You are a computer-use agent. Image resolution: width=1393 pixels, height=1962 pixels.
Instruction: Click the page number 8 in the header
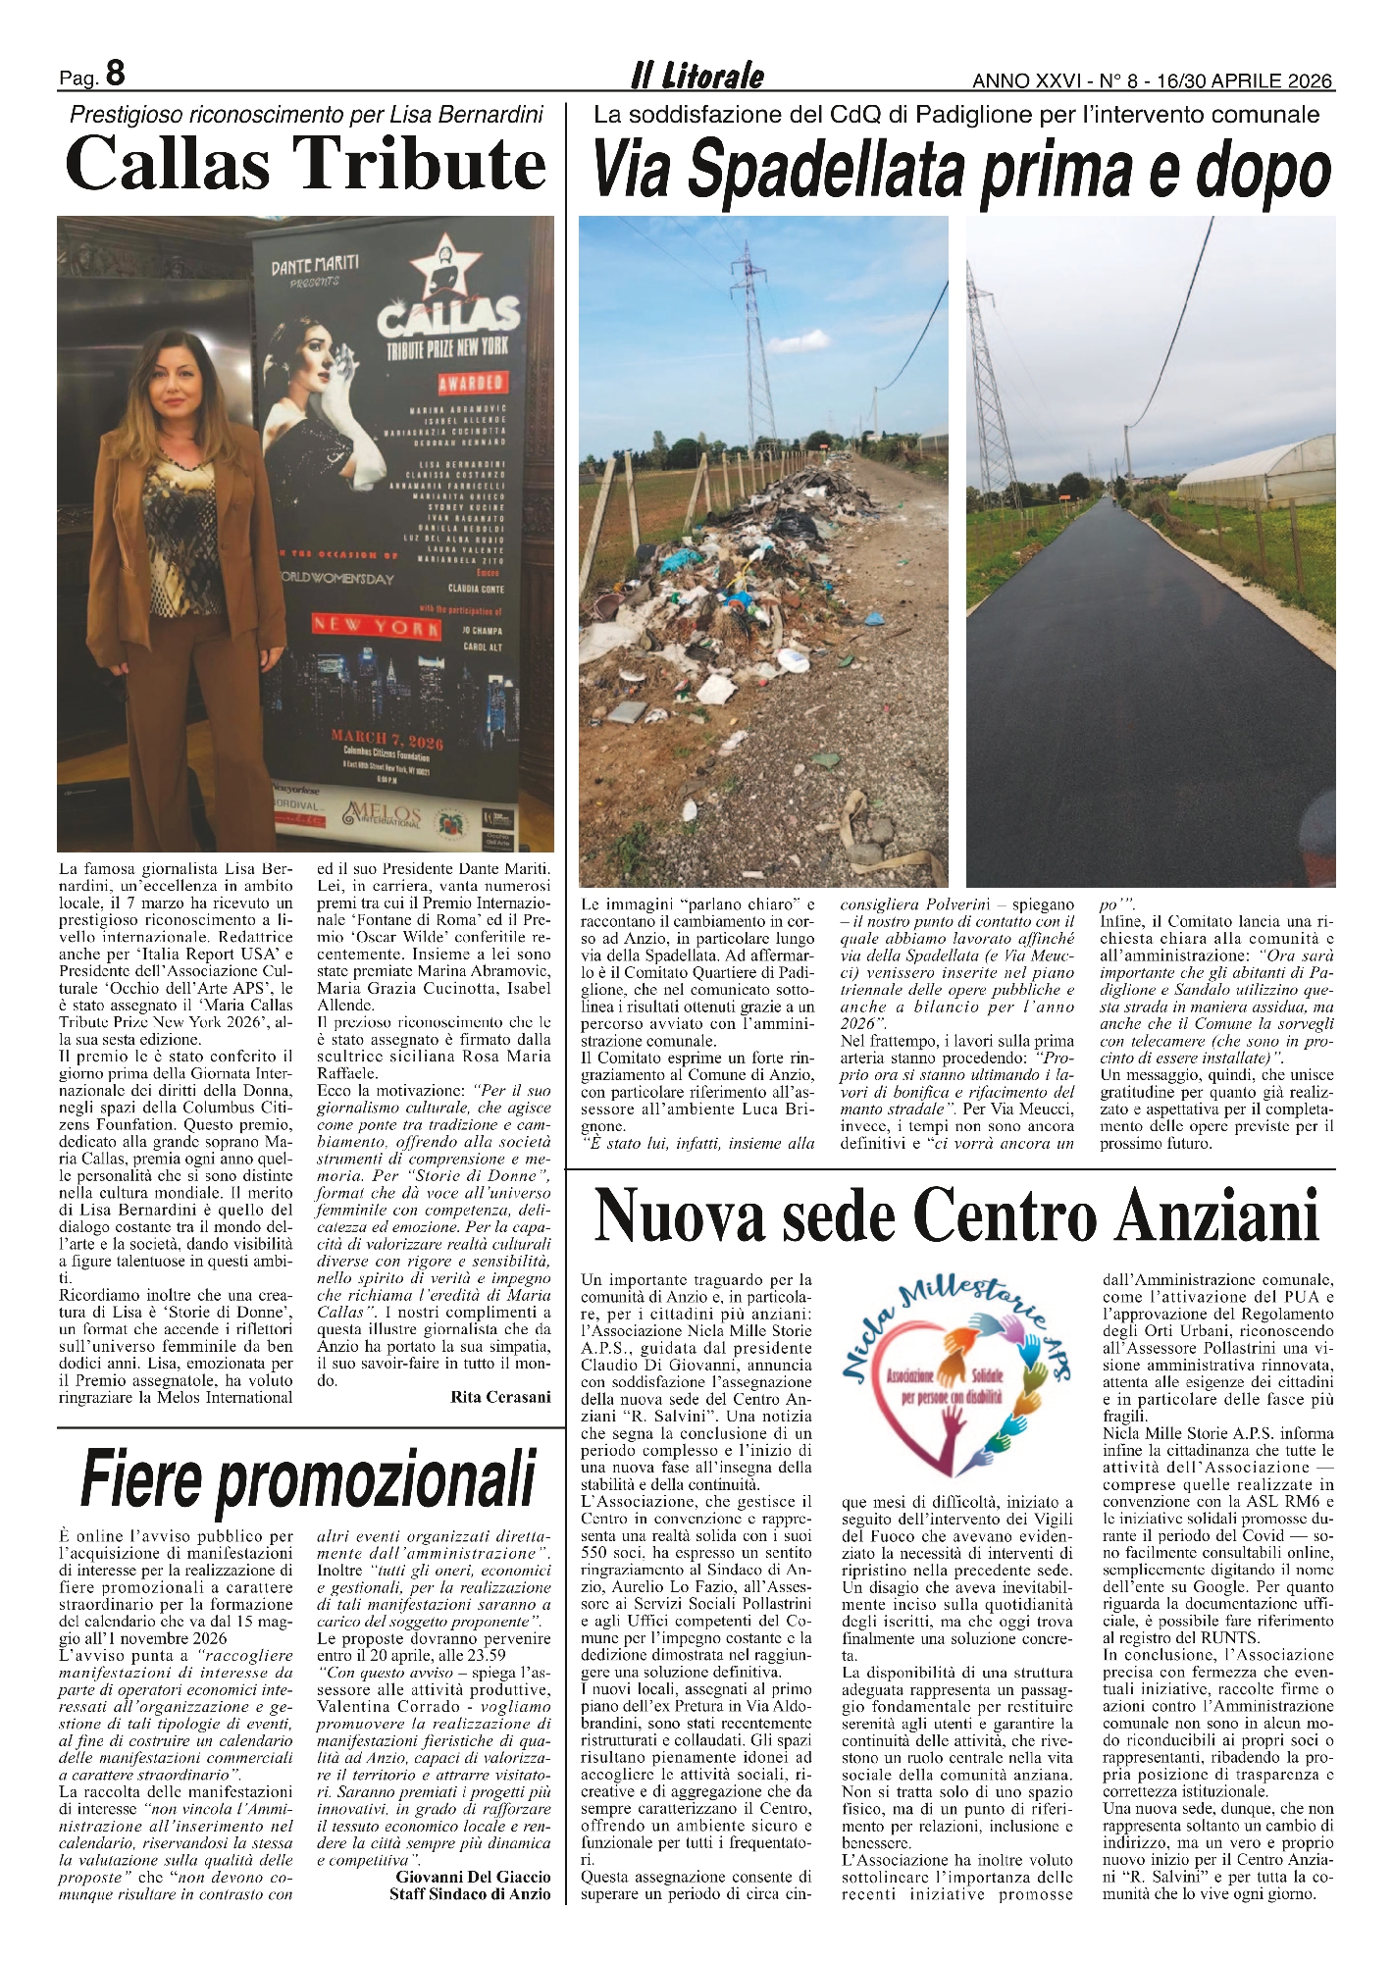tap(115, 75)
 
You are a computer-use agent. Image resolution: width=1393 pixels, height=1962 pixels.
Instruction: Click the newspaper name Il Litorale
tap(696, 76)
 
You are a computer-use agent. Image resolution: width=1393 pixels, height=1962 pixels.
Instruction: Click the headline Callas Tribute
tap(305, 164)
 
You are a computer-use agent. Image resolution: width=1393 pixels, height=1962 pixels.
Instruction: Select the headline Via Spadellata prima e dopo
tap(961, 171)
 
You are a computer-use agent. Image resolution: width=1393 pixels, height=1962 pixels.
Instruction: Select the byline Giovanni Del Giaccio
tap(473, 1877)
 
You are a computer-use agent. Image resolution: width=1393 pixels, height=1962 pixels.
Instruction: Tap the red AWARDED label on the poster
tap(470, 383)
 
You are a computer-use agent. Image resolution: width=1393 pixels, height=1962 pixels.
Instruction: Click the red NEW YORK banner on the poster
tap(376, 627)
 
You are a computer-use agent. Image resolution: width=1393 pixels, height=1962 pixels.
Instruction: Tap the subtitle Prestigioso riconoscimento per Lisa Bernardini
tap(306, 115)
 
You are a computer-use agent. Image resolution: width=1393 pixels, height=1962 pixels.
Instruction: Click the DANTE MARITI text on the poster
tap(314, 263)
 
